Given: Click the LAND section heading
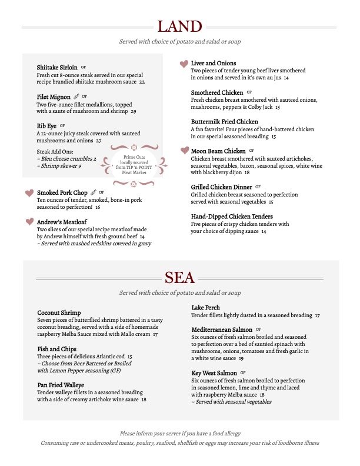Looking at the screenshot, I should [x=179, y=26].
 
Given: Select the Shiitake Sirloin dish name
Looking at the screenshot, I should [x=56, y=68].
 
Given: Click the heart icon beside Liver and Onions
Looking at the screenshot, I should [x=184, y=64].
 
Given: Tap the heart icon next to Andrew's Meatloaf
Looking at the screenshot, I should [x=29, y=222].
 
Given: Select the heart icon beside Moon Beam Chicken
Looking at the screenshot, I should [x=184, y=151].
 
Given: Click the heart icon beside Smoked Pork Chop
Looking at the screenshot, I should [x=29, y=193].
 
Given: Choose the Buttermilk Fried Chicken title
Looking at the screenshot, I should [x=225, y=122].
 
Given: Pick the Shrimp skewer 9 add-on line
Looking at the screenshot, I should [x=59, y=167].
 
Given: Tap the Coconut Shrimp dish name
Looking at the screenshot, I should [x=59, y=312].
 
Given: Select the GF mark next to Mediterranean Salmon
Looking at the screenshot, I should [x=258, y=329].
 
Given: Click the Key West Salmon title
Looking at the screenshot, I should [x=215, y=373].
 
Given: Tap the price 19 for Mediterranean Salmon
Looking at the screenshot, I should [x=241, y=358].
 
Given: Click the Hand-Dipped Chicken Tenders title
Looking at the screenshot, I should [x=232, y=217].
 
